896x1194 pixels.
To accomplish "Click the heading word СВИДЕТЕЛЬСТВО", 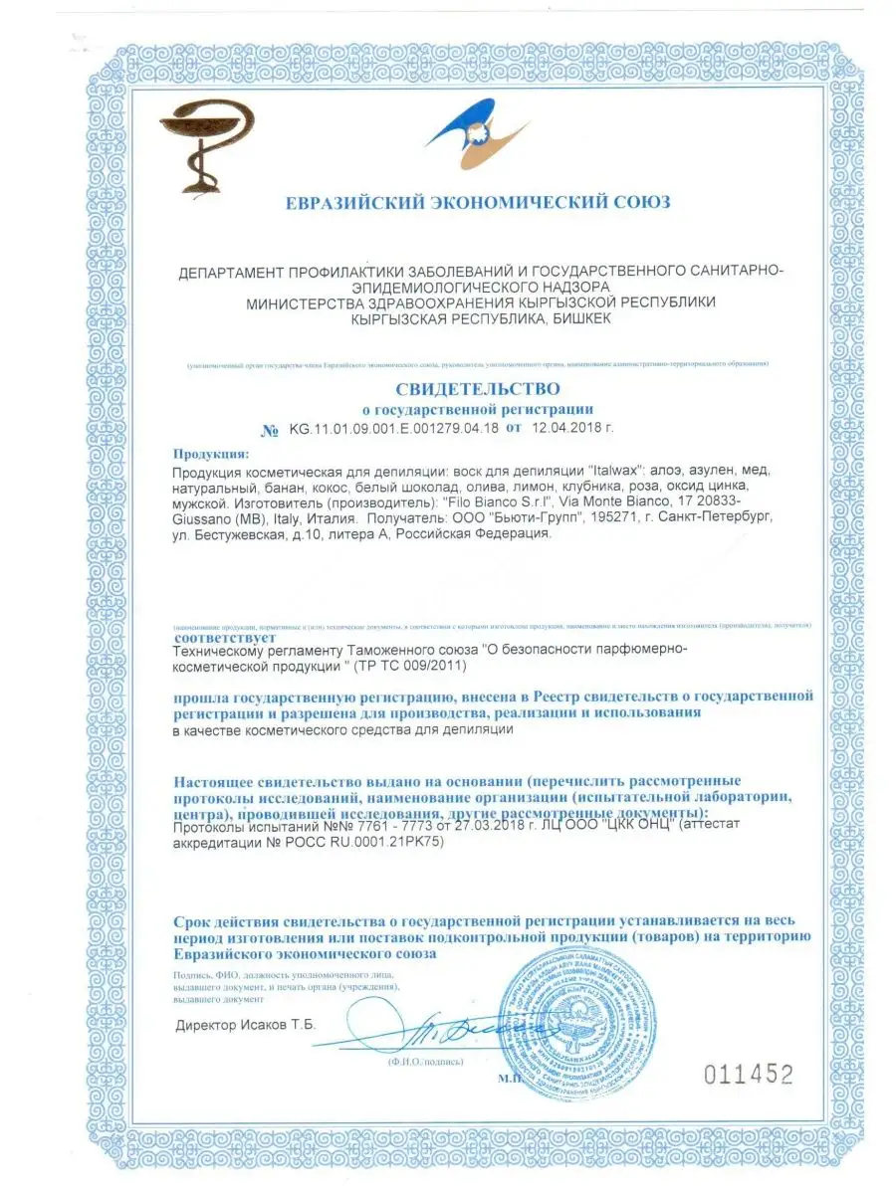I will click(x=478, y=388).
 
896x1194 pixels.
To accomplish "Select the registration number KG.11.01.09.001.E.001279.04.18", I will click(x=394, y=430).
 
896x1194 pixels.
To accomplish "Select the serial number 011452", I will click(x=749, y=1074).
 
